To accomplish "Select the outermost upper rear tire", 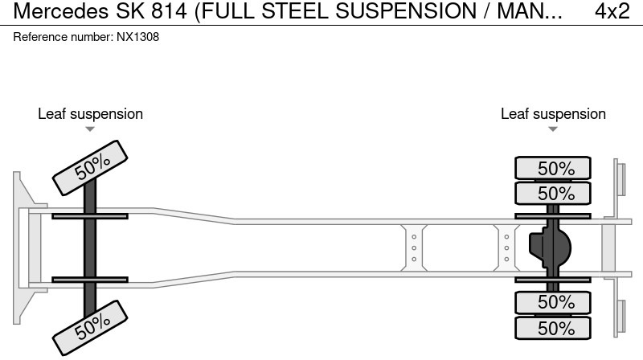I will point(553,169).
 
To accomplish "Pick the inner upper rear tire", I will point(553,194).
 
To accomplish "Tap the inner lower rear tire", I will point(553,302).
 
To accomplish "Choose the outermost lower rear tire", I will point(553,328).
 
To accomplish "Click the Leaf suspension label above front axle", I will point(90,114).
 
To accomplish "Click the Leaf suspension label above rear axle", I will point(553,114).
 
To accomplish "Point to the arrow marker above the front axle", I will point(90,129).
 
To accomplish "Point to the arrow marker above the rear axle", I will point(553,129).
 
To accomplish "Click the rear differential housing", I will point(549,247).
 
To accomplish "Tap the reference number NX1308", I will point(137,37).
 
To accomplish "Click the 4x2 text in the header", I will point(612,11).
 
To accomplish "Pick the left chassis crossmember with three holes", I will point(413,247).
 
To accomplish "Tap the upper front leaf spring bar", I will point(90,215).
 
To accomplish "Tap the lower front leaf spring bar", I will point(90,280).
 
